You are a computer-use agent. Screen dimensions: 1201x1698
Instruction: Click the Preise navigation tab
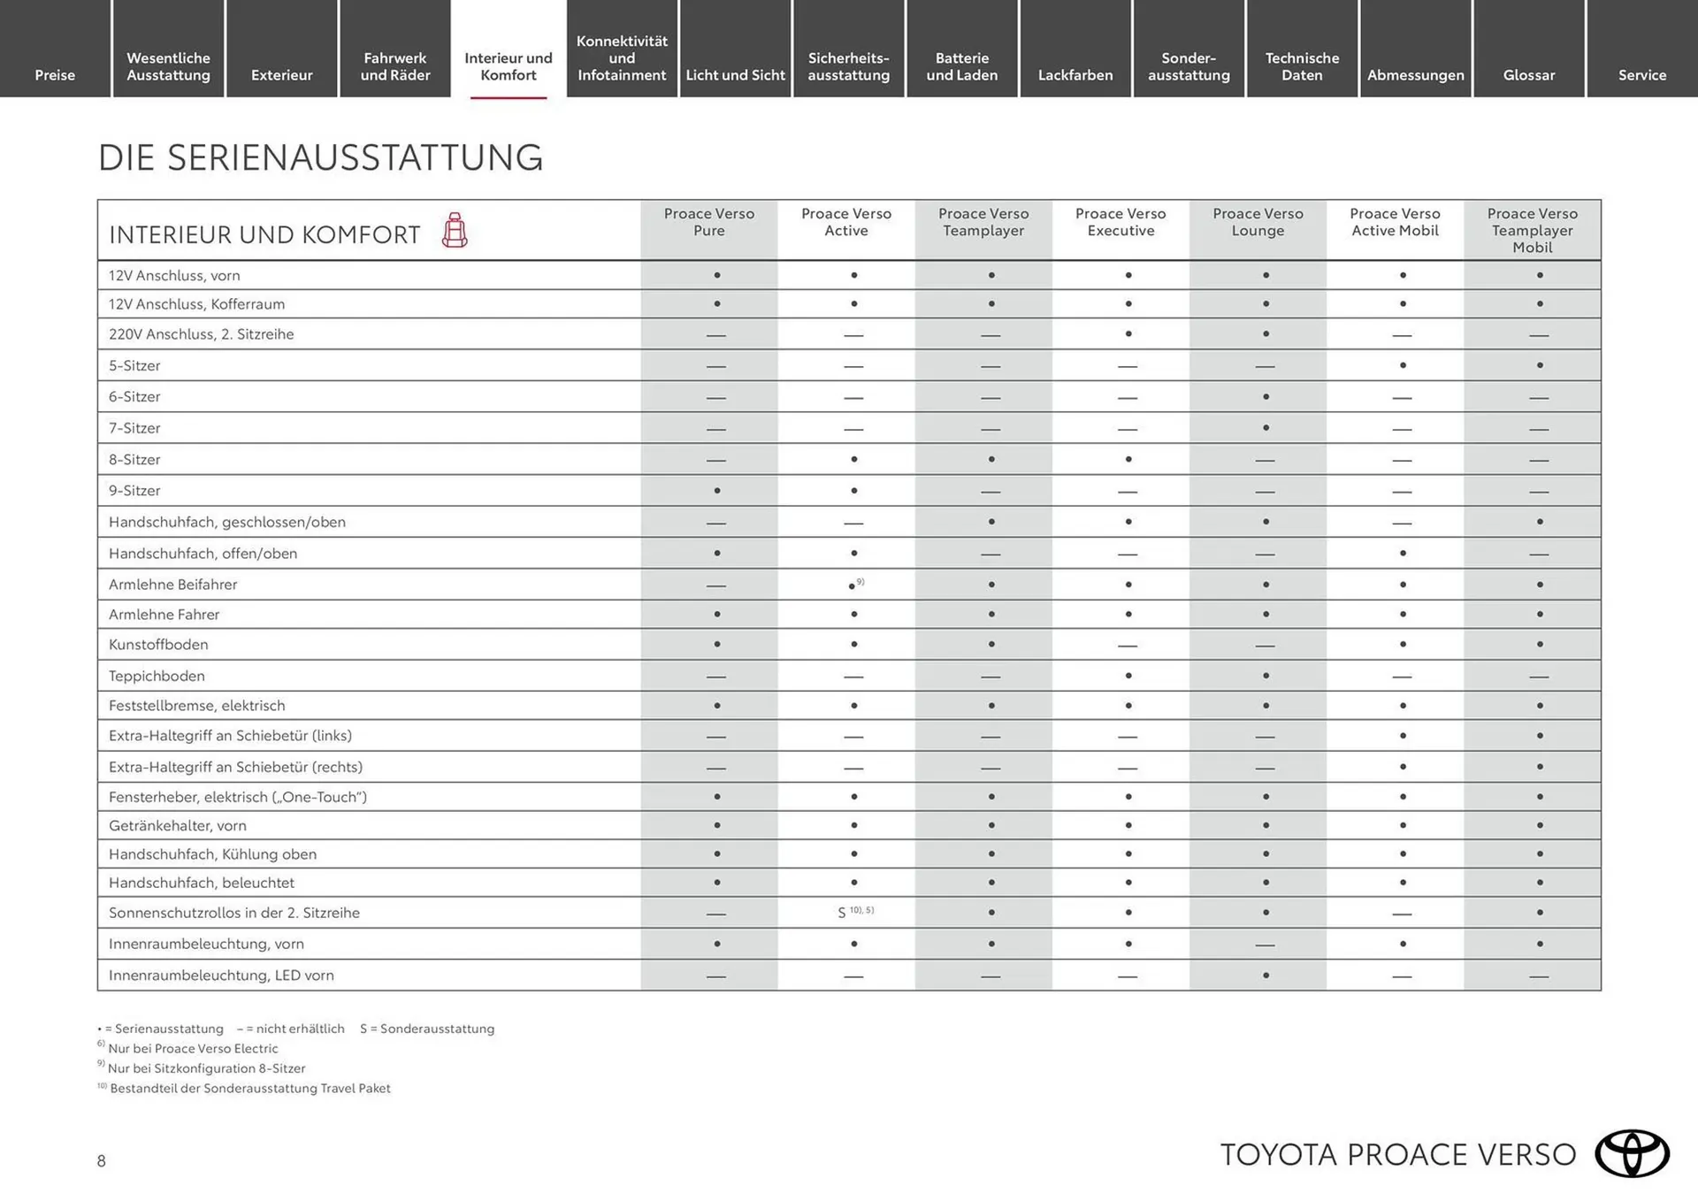[55, 74]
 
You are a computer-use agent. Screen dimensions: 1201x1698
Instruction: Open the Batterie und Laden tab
[961, 66]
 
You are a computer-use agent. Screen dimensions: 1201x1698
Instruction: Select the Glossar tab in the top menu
[1528, 74]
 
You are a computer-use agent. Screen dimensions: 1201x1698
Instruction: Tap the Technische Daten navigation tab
[1302, 66]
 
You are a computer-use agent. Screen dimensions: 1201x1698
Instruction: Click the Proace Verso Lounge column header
[1258, 222]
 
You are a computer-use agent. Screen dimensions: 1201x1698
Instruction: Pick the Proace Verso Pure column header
[708, 222]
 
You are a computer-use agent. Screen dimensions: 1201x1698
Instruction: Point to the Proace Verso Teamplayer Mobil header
[1532, 230]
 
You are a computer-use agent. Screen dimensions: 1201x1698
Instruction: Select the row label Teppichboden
[157, 676]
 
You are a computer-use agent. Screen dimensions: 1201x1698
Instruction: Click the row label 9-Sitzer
[134, 491]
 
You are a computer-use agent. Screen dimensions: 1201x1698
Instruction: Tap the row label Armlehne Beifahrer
[172, 585]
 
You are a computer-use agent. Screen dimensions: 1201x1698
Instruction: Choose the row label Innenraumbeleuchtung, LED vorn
[221, 975]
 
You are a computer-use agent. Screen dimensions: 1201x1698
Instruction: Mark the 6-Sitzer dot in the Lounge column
[1266, 397]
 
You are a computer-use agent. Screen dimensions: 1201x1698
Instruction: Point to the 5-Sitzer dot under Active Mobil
[1403, 365]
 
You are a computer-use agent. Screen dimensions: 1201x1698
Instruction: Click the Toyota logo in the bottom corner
[1632, 1153]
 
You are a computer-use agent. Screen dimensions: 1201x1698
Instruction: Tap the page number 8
[102, 1161]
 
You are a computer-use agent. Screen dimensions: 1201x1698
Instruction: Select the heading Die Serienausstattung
[320, 157]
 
